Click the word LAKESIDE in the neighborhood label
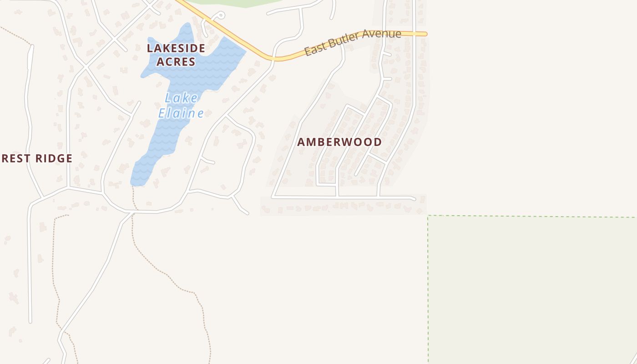176,48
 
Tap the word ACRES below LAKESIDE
176,62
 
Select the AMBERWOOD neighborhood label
339,142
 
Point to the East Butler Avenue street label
353,43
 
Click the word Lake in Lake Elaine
182,98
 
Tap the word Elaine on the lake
181,113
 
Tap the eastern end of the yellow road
425,34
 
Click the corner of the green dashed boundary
428,216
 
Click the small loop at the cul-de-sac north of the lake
220,16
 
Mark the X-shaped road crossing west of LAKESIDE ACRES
86,68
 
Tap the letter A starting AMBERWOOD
301,142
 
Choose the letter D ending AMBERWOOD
378,142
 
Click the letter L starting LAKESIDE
150,48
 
